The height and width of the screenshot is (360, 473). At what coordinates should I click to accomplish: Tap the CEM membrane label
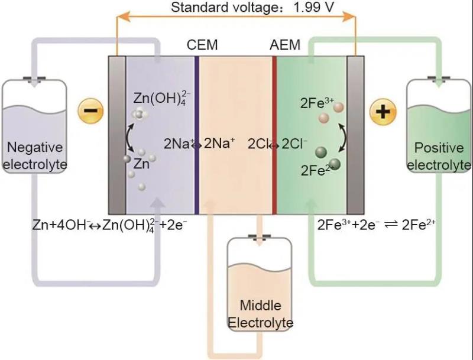(x=202, y=45)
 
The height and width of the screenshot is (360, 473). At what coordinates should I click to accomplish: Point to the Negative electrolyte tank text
(x=34, y=155)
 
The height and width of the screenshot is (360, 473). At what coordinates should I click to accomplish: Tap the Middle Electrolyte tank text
(x=261, y=314)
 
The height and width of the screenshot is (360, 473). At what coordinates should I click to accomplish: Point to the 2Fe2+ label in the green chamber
(x=315, y=171)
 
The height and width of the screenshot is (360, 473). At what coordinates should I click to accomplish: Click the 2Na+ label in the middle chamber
(x=219, y=143)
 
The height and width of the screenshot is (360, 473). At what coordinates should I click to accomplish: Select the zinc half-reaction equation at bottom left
(x=110, y=225)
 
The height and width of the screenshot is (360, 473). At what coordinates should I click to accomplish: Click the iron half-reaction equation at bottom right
(x=377, y=225)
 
